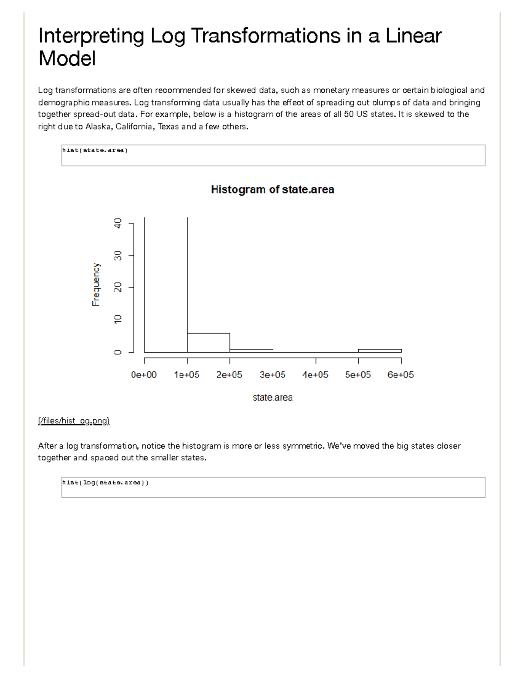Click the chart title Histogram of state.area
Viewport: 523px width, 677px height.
coord(272,190)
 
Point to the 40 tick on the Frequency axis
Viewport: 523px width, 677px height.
coord(118,224)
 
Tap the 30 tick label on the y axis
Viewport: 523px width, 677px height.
coord(118,256)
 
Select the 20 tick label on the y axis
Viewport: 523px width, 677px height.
coord(118,288)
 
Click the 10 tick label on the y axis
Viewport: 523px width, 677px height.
coord(118,320)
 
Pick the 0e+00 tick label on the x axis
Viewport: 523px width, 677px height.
coord(144,375)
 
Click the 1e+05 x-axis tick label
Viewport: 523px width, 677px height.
coord(187,375)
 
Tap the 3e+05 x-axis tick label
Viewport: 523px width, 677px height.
coord(272,375)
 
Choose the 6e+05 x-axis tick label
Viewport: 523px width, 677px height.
coord(401,375)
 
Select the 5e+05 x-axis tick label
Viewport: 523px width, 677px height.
coord(358,375)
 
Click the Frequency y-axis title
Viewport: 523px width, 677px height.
coord(96,285)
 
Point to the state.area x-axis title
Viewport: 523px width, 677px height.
coord(272,398)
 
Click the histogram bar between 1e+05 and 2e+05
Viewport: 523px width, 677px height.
coord(208,343)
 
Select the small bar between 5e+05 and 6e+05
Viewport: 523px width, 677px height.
coord(380,350)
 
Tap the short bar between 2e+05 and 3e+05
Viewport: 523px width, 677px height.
coord(251,350)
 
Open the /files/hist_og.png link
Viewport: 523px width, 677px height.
coord(74,421)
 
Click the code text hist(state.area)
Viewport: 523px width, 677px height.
coord(95,150)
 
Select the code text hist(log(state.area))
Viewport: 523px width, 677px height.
coord(105,483)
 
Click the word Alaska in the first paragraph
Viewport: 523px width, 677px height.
coord(98,127)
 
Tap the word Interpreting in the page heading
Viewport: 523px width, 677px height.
coord(91,36)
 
